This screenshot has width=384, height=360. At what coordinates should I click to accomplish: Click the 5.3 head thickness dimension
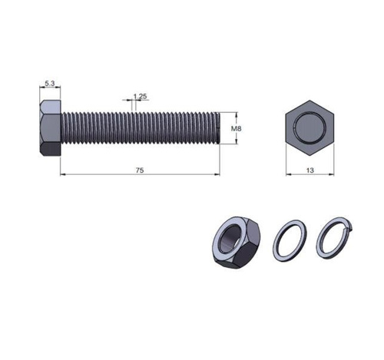tap(50, 84)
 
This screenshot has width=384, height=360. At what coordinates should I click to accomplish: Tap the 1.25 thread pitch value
tap(140, 97)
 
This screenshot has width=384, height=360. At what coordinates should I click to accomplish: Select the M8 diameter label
tap(236, 128)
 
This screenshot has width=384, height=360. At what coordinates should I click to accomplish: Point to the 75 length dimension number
tap(140, 170)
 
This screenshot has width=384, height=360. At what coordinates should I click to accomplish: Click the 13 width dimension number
tap(310, 170)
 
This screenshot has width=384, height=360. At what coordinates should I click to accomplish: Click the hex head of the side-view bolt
tap(50, 128)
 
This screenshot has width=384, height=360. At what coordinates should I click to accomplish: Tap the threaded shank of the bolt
tap(140, 128)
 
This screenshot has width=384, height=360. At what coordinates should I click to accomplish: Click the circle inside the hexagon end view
tap(310, 127)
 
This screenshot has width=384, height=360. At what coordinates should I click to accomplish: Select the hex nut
tap(237, 243)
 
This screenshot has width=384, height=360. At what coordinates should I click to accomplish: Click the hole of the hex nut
tap(230, 239)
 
